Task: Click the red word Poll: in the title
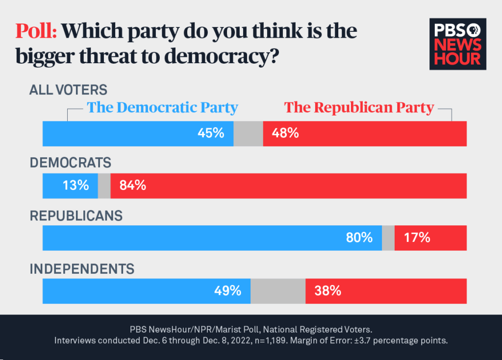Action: (36, 31)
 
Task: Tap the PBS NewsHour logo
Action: (455, 45)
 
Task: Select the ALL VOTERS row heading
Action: (68, 90)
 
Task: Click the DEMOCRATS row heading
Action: (71, 163)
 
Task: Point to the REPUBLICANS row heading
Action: (76, 216)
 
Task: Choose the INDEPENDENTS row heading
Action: (82, 269)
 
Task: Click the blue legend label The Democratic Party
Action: (162, 108)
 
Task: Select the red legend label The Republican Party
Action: (359, 108)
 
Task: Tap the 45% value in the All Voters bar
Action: (211, 133)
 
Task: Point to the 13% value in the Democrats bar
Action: (75, 186)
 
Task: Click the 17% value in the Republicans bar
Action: (417, 238)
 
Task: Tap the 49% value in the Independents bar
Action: (227, 291)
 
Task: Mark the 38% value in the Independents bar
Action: (327, 291)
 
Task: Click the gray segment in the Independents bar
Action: (278, 291)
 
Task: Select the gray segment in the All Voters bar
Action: (248, 133)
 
